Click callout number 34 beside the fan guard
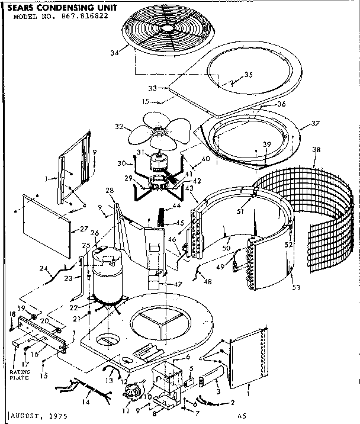click(114, 53)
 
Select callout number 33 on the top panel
click(153, 88)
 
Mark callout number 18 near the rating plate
click(11, 313)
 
